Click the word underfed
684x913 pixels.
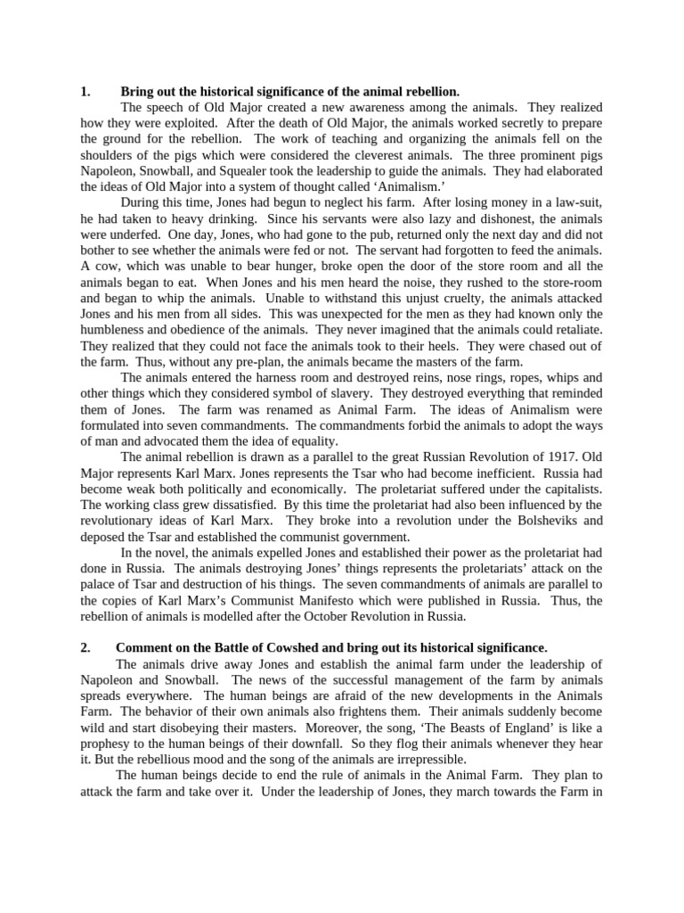point(114,235)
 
